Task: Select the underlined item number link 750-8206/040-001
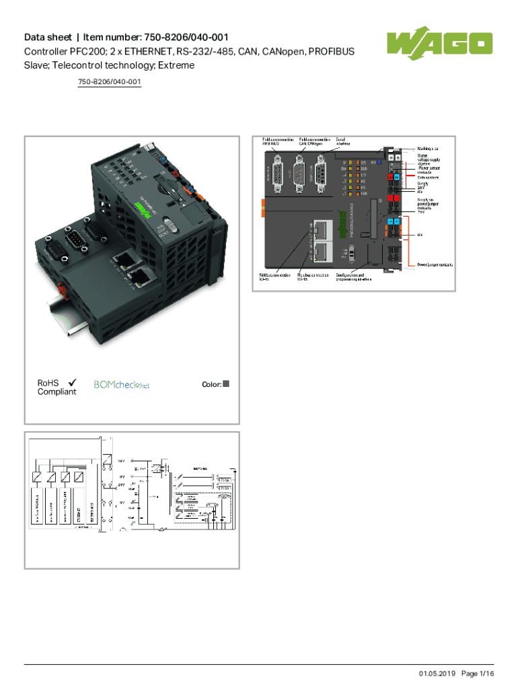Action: (x=109, y=82)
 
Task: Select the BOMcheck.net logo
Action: (x=121, y=385)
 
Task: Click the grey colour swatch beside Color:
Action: (x=226, y=384)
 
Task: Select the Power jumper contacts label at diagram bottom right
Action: (x=435, y=265)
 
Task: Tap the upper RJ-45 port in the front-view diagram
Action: (x=324, y=229)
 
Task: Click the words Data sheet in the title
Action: (x=46, y=37)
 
